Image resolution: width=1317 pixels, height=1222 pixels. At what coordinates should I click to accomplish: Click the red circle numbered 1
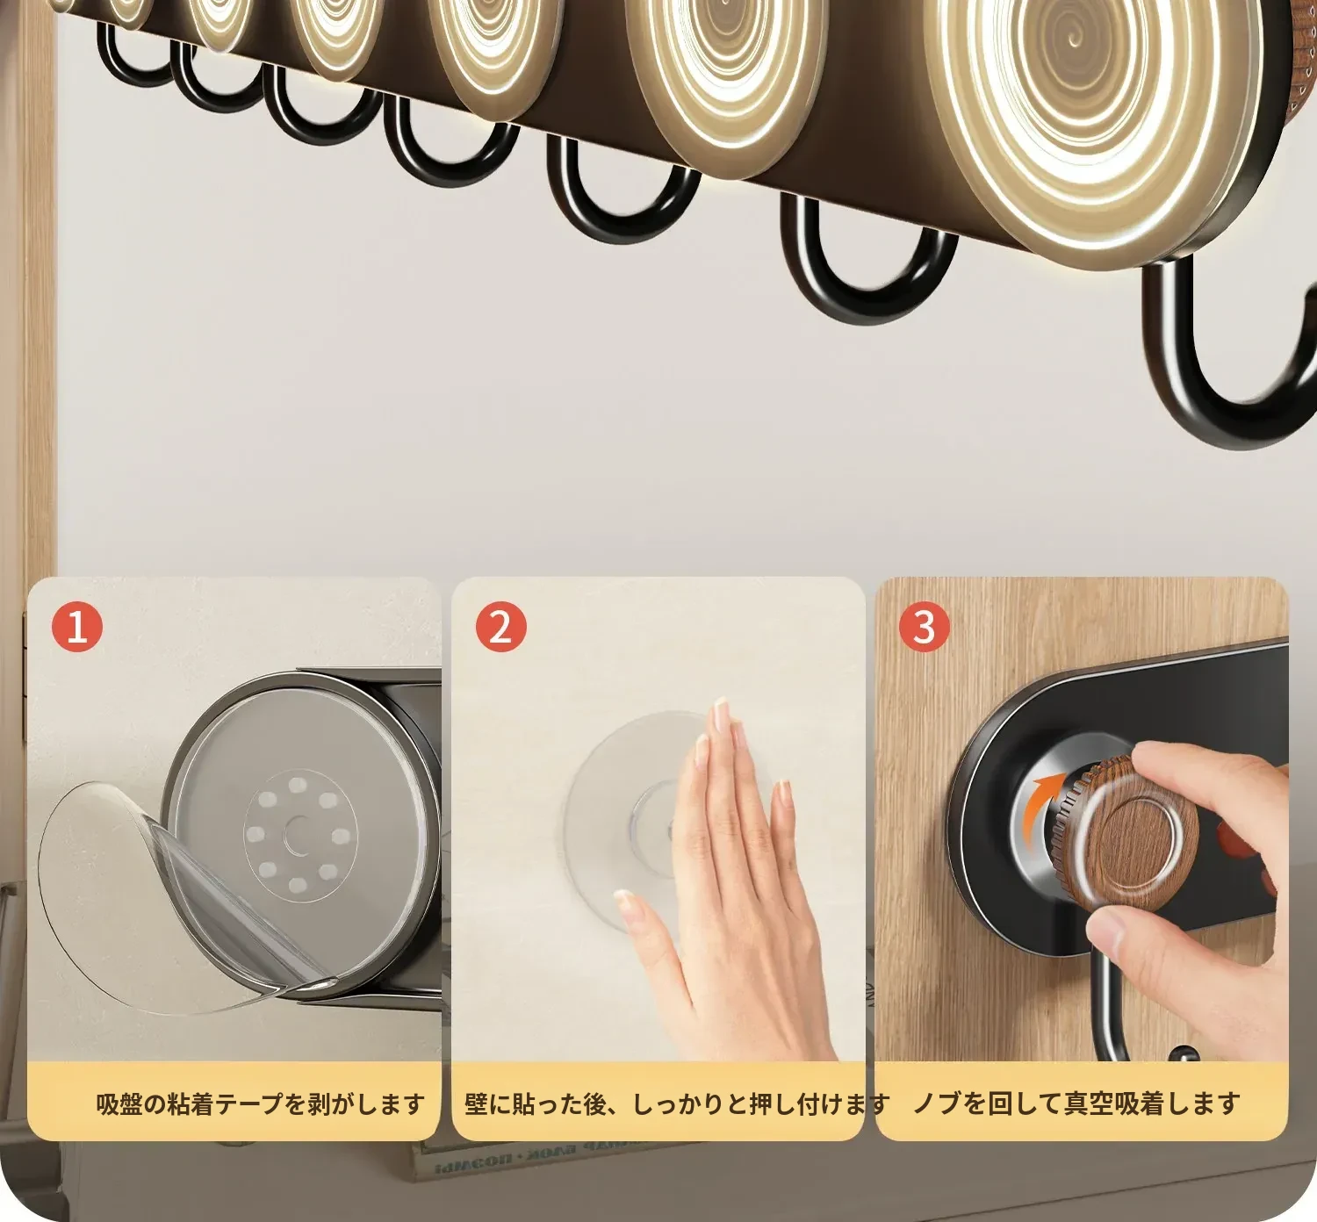pyautogui.click(x=77, y=627)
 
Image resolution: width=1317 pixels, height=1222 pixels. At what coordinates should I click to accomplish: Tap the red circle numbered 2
pyautogui.click(x=500, y=627)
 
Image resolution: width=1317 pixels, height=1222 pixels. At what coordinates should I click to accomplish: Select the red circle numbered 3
pyautogui.click(x=924, y=627)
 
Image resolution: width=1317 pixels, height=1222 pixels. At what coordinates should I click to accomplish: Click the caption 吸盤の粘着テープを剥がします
pyautogui.click(x=261, y=1104)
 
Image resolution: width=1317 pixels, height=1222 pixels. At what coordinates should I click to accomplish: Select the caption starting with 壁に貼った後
pyautogui.click(x=677, y=1104)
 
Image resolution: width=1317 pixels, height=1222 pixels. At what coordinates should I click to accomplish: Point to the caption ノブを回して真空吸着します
pyautogui.click(x=1077, y=1104)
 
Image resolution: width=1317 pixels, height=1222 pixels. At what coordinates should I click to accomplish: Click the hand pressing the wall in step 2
pyautogui.click(x=723, y=882)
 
